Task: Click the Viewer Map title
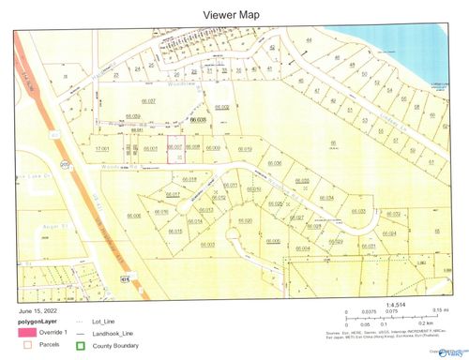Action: pyautogui.click(x=234, y=14)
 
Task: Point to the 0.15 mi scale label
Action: pyautogui.click(x=436, y=308)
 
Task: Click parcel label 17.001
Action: pyautogui.click(x=103, y=148)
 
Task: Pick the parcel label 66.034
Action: pyautogui.click(x=326, y=198)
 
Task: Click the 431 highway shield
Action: pyautogui.click(x=125, y=278)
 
